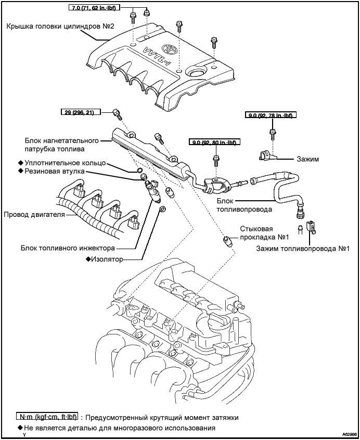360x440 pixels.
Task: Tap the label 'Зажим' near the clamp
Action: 307,159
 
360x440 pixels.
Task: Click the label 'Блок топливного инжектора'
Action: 68,248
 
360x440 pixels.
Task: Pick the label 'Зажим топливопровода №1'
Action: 302,248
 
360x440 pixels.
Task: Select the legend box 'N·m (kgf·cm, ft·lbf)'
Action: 47,417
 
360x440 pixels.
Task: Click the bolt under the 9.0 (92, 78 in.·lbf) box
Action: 272,133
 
